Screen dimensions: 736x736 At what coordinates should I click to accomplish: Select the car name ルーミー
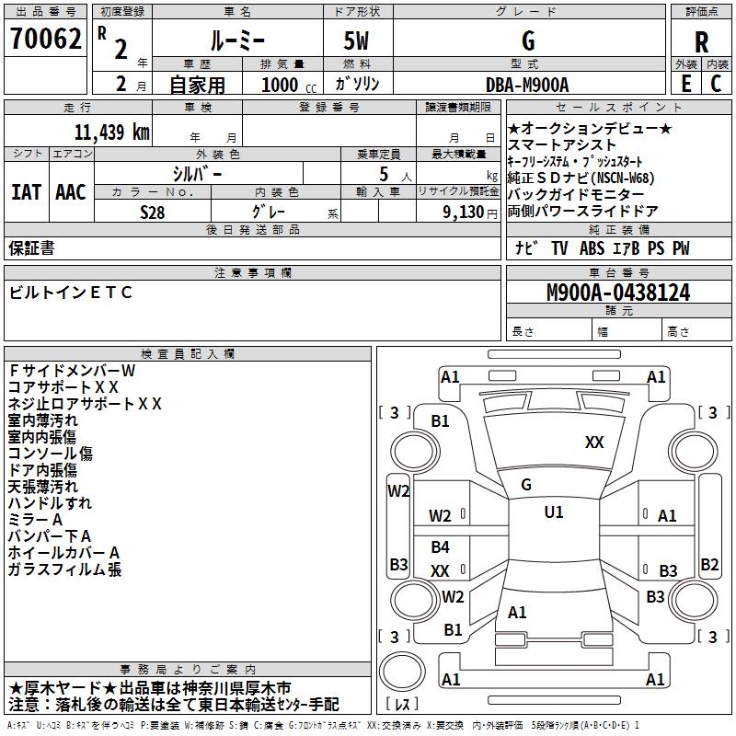click(x=236, y=41)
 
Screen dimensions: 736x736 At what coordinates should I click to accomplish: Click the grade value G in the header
click(x=527, y=41)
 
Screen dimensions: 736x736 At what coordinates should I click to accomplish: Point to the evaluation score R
click(x=701, y=42)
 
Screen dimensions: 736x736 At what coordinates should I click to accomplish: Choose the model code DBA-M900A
click(x=527, y=84)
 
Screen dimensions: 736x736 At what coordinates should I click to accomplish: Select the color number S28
click(x=152, y=211)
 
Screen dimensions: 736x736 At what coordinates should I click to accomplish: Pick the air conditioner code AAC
click(x=71, y=192)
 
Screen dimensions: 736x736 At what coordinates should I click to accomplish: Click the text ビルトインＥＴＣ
click(x=71, y=293)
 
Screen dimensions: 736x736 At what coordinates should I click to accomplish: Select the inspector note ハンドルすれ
click(x=51, y=503)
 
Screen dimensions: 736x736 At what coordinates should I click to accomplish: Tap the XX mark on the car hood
click(x=594, y=443)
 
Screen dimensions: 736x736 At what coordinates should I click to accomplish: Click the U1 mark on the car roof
click(x=553, y=512)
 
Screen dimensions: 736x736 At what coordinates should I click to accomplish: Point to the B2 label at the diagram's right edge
click(x=709, y=565)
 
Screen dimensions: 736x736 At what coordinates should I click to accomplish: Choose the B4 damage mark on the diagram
click(x=441, y=548)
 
